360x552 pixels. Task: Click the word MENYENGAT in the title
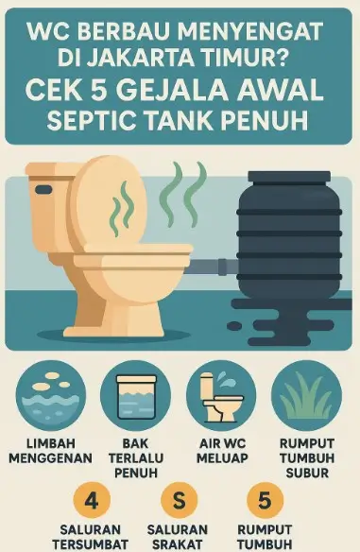(x=249, y=31)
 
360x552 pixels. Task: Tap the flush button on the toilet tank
(x=43, y=189)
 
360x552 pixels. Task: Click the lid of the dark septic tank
(x=289, y=177)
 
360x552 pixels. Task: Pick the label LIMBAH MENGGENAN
(x=51, y=451)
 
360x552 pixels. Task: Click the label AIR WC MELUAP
(x=222, y=451)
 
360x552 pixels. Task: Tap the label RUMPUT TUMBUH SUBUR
(x=307, y=458)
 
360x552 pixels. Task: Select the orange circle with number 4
(x=92, y=500)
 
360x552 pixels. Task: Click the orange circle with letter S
(x=179, y=500)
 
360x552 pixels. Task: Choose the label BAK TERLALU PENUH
(x=136, y=458)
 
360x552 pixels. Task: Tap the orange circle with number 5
(x=265, y=500)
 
